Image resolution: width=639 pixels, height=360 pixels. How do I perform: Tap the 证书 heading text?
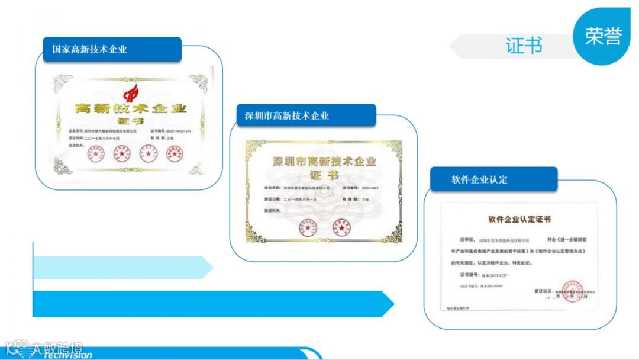click(524, 46)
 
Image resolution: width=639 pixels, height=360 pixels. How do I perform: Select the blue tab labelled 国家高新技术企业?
click(112, 49)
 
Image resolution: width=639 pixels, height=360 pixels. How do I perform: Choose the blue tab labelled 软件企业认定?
click(493, 179)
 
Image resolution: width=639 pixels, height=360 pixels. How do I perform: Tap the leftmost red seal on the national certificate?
click(96, 154)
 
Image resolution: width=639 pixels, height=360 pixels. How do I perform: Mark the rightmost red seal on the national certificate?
click(173, 154)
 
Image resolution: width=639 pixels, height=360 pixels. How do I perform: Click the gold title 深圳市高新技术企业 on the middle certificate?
click(324, 162)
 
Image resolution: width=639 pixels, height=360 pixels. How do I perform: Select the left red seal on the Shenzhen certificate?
click(308, 226)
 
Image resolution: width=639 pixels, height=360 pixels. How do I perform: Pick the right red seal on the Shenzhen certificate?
click(342, 226)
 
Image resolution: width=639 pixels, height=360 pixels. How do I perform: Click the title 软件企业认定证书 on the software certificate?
click(519, 219)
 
